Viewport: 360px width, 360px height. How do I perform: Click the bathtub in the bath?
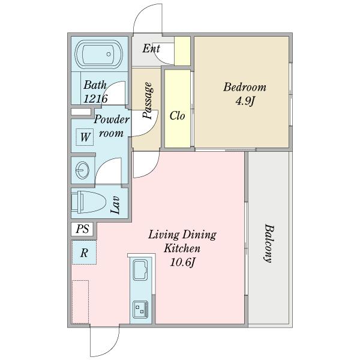[99, 55]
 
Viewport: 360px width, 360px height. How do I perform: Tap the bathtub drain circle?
[109, 54]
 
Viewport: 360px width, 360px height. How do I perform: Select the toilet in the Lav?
[88, 202]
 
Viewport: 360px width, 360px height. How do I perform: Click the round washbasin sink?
[82, 170]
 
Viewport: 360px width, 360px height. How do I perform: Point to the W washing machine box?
[85, 137]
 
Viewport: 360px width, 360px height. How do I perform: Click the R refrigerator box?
[84, 253]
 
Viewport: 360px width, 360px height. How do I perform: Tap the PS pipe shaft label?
[82, 229]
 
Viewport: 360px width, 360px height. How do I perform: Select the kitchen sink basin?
[140, 270]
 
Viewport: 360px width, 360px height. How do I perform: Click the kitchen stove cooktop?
[140, 309]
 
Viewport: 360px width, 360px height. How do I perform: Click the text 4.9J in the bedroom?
[245, 101]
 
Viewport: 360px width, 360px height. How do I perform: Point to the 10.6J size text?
[182, 262]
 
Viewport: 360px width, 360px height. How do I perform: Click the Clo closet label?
[177, 116]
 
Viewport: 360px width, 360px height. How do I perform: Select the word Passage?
[147, 101]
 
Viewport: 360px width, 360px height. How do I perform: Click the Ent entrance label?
[151, 49]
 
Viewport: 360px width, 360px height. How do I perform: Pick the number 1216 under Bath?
[95, 99]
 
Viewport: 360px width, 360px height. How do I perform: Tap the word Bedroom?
[245, 87]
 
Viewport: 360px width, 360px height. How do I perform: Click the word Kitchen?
[182, 248]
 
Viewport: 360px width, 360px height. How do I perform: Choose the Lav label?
[115, 205]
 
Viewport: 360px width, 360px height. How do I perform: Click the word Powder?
[112, 119]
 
